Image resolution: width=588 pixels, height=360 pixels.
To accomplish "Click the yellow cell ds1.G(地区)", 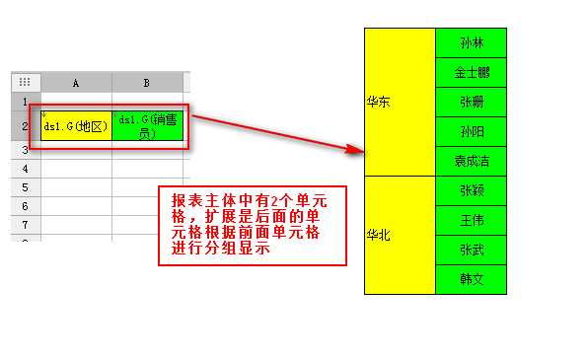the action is [76, 126].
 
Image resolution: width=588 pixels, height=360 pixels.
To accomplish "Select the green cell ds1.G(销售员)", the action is [148, 126].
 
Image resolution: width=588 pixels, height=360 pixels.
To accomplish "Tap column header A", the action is [76, 82].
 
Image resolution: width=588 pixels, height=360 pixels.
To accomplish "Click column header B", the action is [147, 82].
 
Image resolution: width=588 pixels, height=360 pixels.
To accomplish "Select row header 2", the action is [26, 126].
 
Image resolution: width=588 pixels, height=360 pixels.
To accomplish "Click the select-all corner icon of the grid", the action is [26, 82].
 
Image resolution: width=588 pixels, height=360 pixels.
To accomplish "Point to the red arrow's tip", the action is [361, 152].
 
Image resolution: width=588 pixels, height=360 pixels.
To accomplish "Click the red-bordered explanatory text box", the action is [254, 225].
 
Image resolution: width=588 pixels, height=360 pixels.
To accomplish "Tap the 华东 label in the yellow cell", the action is [377, 102].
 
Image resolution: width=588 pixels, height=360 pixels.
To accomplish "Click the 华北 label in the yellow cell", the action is [377, 235].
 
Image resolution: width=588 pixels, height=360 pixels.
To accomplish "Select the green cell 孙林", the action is [471, 43].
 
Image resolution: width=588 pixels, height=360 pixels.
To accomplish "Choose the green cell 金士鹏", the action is [471, 73].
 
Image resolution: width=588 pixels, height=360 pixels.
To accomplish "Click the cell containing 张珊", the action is [471, 103].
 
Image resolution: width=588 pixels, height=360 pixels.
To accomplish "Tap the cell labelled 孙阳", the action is [471, 132].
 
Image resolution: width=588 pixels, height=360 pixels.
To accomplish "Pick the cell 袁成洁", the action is [471, 162].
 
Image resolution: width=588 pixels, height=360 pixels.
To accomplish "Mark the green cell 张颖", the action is [471, 190].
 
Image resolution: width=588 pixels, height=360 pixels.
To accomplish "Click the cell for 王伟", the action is [471, 220].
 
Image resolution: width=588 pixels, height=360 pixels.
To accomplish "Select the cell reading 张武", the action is [471, 250].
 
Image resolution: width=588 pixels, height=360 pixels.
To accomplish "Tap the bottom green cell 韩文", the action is [471, 279].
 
